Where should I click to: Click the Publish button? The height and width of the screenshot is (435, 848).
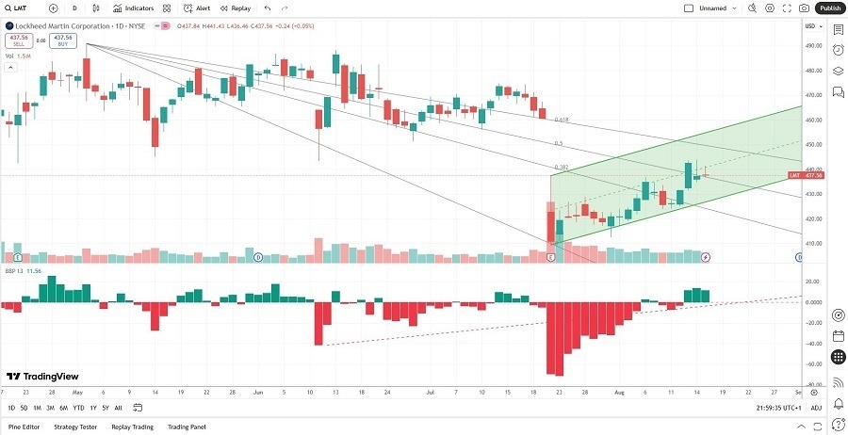tap(829, 8)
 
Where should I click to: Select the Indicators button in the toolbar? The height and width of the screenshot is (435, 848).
tap(133, 8)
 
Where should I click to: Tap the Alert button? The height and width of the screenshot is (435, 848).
tap(197, 8)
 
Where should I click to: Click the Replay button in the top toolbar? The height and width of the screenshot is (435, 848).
tap(236, 8)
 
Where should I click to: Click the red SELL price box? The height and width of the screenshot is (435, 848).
tap(17, 41)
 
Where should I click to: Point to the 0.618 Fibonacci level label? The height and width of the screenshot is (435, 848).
tap(562, 120)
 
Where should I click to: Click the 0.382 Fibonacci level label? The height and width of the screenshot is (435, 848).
tap(561, 167)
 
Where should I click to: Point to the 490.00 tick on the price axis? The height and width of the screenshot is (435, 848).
tap(813, 45)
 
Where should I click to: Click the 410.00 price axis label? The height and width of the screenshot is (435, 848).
tap(813, 243)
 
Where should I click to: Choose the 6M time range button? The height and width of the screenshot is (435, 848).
tap(63, 408)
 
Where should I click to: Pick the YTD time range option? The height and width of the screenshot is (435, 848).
tap(78, 408)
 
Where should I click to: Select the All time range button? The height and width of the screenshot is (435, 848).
tap(118, 408)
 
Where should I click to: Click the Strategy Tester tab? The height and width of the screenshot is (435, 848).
tap(75, 427)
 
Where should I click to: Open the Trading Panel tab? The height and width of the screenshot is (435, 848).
tap(186, 427)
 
